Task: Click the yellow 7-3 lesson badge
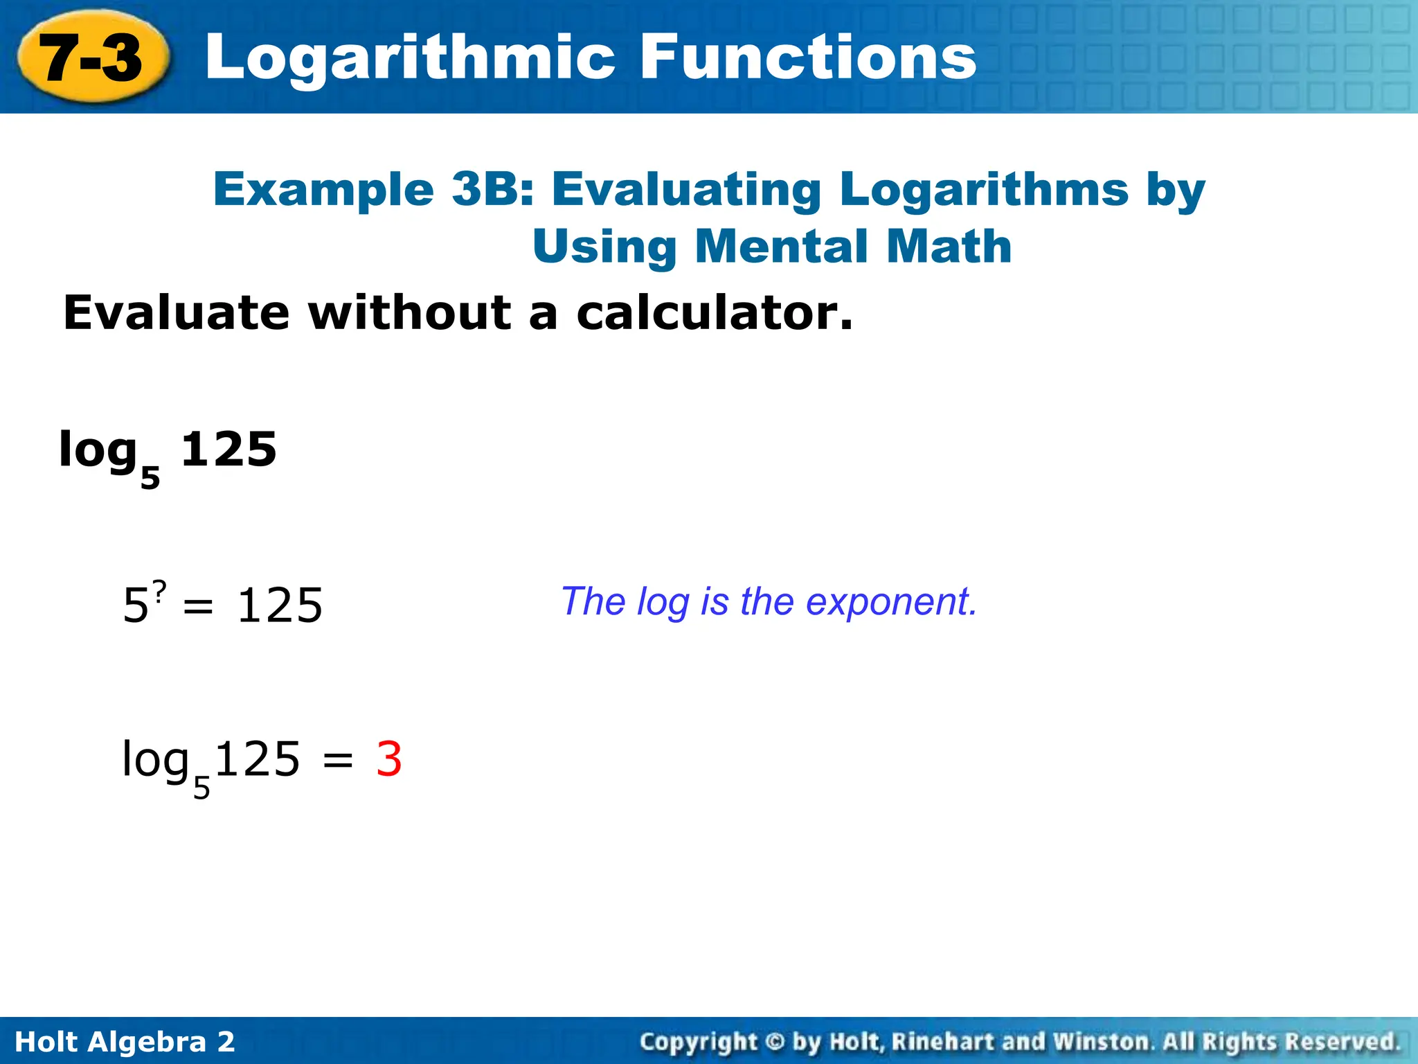(92, 57)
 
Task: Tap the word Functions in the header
(807, 57)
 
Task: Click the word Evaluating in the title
(686, 189)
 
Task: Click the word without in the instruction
(409, 313)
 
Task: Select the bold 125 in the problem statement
(228, 450)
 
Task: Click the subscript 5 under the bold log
(150, 477)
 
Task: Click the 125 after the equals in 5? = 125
(280, 605)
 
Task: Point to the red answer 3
(389, 759)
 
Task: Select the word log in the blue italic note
(663, 601)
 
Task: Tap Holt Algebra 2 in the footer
(125, 1042)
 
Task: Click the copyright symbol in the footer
(775, 1042)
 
